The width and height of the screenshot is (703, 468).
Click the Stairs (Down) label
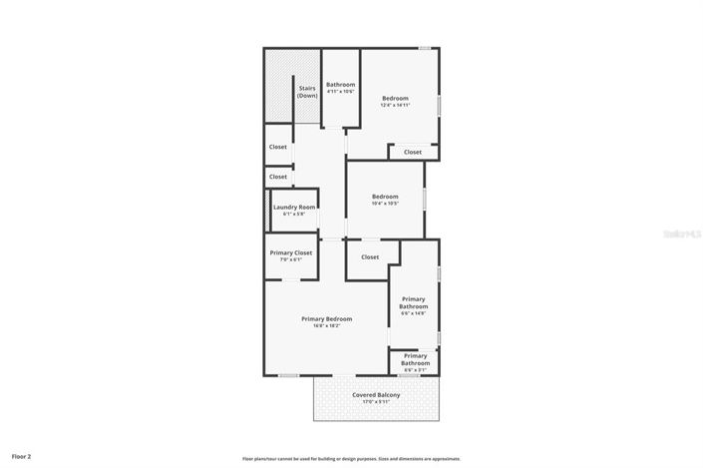click(x=307, y=92)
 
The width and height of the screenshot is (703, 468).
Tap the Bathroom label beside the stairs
click(x=341, y=85)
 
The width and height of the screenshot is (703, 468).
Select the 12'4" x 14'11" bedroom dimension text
click(x=396, y=105)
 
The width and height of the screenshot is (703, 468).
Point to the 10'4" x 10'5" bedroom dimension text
click(x=385, y=204)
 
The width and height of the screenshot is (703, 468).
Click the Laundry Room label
click(x=294, y=207)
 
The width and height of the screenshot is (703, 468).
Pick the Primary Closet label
click(x=291, y=252)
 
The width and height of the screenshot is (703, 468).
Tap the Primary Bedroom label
click(x=327, y=319)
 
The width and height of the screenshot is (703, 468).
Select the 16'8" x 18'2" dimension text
click(x=327, y=326)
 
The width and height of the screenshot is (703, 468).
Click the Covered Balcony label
click(x=376, y=395)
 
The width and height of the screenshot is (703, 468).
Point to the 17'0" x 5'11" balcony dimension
click(x=376, y=403)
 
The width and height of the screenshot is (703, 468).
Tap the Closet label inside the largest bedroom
click(x=413, y=152)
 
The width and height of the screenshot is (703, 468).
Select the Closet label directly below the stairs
click(x=278, y=147)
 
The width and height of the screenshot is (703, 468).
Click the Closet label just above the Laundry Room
click(x=278, y=177)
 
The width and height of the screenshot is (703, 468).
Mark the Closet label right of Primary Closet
click(x=370, y=256)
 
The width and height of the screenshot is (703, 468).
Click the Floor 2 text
click(x=22, y=456)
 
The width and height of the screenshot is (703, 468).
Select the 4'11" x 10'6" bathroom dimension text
click(x=341, y=92)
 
